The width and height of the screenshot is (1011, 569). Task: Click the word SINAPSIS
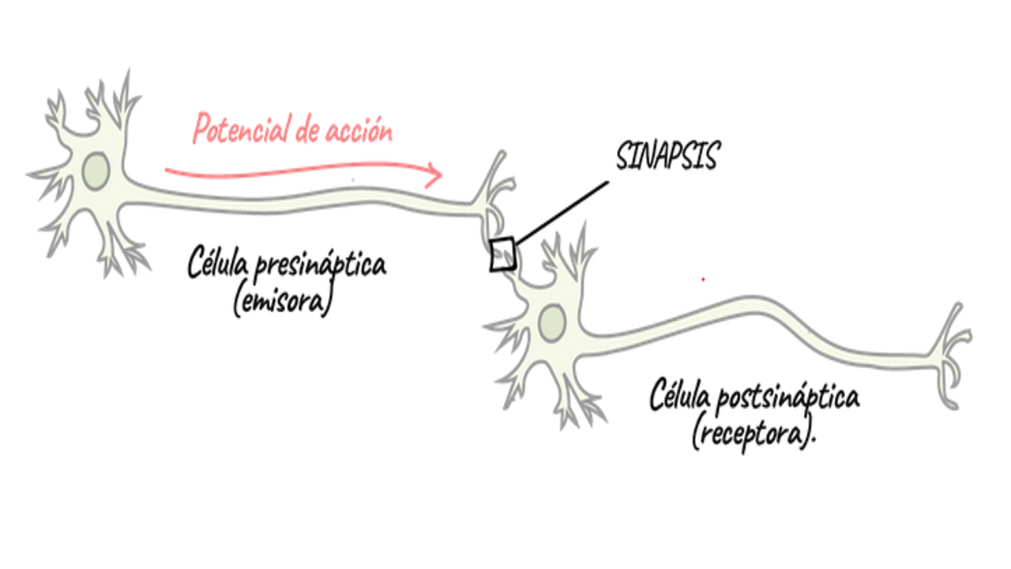pos(667,157)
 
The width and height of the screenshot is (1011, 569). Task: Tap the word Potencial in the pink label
pos(240,130)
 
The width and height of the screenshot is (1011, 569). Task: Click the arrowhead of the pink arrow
pos(434,175)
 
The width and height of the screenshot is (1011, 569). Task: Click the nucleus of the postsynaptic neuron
pos(551,322)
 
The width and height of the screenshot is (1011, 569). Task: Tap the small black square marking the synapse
pos(502,254)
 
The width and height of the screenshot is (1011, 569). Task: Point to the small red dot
pos(703,279)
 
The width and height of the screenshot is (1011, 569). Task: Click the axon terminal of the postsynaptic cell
pos(952,348)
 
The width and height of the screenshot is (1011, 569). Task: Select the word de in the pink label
pos(306,133)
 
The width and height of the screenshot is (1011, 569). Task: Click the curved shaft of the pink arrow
pos(300,168)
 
